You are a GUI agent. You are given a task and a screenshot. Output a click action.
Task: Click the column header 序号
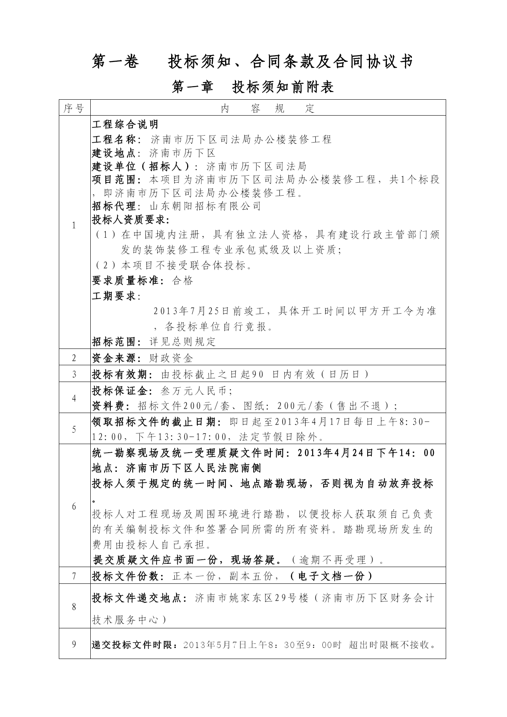74,109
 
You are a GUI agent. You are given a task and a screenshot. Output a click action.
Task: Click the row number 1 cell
74,225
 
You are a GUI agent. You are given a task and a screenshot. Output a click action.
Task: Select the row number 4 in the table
74,398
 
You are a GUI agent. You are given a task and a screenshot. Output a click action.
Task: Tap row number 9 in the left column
74,644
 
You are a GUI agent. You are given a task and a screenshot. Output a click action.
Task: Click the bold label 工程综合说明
125,125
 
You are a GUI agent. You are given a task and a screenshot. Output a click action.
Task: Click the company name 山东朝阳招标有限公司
205,206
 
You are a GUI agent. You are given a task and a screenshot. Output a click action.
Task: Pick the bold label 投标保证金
119,391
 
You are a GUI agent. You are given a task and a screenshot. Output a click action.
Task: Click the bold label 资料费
108,406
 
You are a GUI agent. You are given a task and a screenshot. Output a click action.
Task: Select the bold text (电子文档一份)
331,576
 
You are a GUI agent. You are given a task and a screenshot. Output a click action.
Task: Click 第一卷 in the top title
116,62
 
